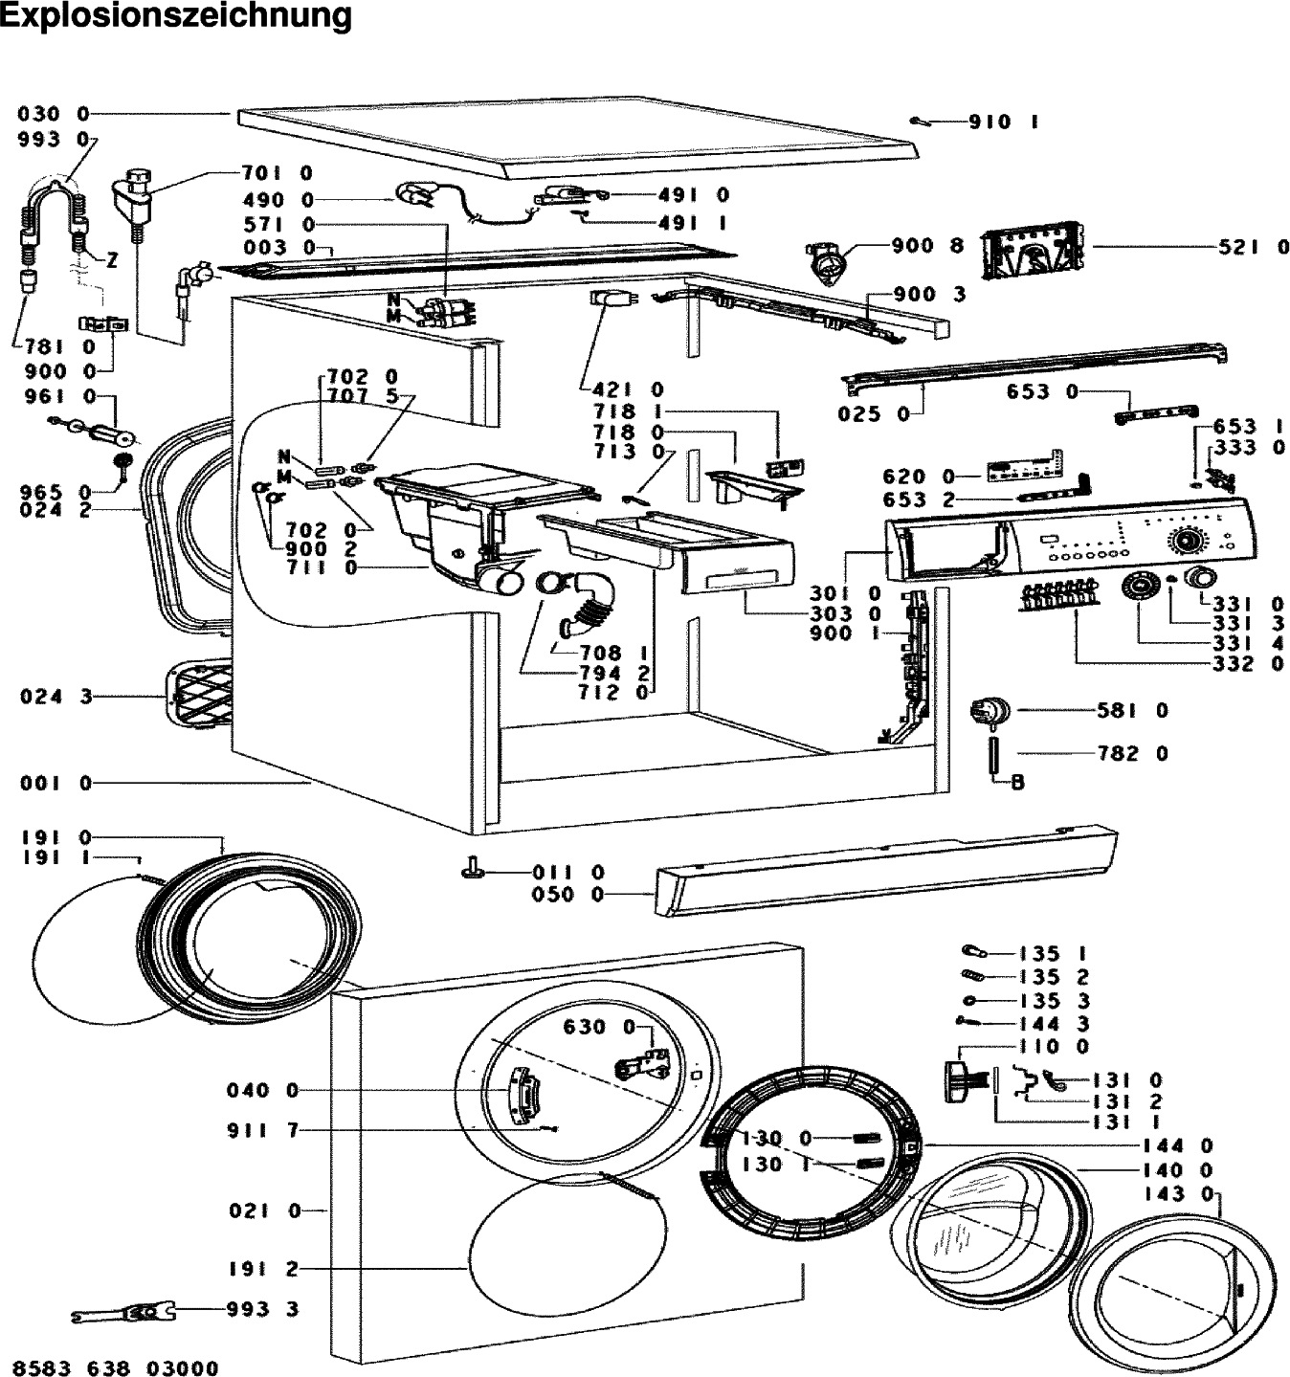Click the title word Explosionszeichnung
(x=176, y=16)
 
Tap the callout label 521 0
(x=1254, y=247)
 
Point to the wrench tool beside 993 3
(x=122, y=1314)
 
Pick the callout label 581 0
(x=1132, y=710)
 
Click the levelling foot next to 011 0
(x=473, y=868)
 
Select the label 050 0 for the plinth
(x=567, y=895)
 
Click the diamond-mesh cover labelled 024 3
(x=199, y=695)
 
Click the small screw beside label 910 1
(x=918, y=121)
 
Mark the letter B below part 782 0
(x=1018, y=782)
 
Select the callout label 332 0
(x=1248, y=663)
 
